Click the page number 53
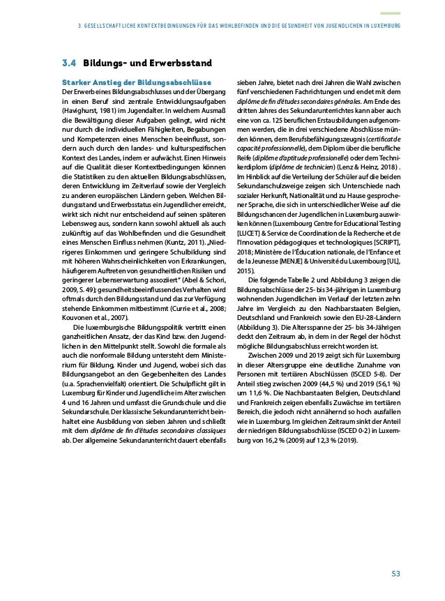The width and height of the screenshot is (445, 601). (395, 574)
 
